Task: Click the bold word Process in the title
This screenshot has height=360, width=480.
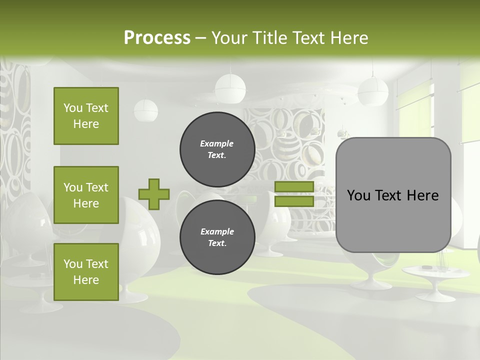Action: [157, 37]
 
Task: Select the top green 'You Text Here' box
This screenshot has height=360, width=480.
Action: [86, 116]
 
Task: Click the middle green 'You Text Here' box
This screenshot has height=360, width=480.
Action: [86, 195]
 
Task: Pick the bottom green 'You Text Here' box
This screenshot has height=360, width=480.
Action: [86, 272]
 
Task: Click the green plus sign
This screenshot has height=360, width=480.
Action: [154, 194]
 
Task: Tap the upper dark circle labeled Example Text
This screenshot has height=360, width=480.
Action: [217, 149]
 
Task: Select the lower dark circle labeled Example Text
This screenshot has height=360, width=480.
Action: [217, 237]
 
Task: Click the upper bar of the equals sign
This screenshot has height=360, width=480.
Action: [294, 186]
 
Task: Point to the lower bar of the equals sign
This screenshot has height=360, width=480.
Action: [294, 201]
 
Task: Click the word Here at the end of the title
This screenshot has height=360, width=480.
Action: [350, 37]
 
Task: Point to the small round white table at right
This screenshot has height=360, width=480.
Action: [428, 272]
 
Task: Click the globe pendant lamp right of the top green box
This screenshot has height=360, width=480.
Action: [145, 110]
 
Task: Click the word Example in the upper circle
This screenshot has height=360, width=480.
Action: [217, 143]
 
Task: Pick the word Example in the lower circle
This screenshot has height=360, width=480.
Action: [217, 231]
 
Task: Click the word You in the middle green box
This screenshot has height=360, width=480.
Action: [73, 187]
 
